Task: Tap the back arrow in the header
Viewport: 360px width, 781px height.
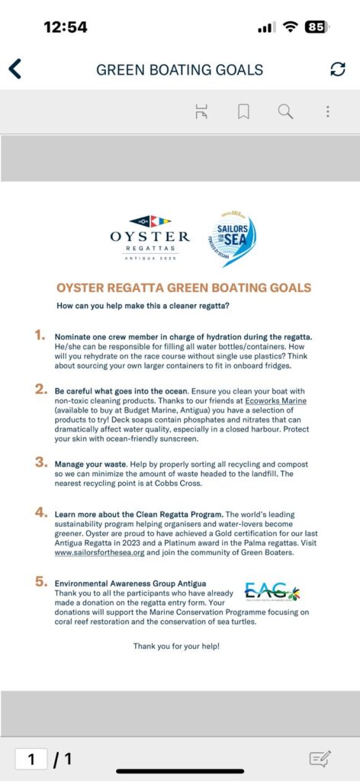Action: point(14,69)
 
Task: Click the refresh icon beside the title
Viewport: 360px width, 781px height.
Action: point(337,69)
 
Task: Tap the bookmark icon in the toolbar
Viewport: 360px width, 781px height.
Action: point(243,112)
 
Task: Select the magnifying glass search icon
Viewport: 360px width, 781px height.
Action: point(285,112)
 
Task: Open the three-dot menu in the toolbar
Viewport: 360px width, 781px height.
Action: point(328,112)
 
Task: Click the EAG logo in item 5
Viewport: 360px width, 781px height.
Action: point(272,591)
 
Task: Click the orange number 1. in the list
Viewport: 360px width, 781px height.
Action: point(40,336)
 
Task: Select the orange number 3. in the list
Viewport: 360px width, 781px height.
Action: point(40,462)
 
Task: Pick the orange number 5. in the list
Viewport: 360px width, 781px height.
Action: point(40,581)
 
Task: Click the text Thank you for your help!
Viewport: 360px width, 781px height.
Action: point(176,646)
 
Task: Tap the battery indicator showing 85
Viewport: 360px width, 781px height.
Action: point(316,27)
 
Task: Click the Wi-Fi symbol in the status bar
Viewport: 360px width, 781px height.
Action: point(290,27)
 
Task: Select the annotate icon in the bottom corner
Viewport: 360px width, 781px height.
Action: point(320,758)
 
